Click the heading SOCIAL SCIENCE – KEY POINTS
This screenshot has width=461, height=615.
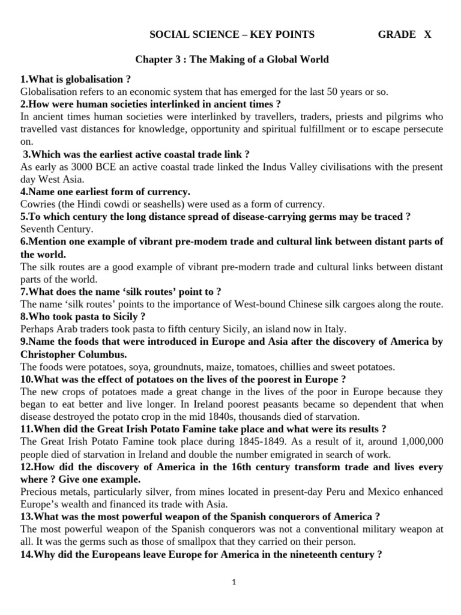(x=232, y=34)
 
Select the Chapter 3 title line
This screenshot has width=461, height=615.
(x=232, y=59)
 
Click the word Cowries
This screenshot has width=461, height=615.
(x=37, y=204)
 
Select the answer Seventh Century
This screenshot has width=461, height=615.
(x=57, y=229)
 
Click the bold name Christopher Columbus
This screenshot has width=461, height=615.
(x=74, y=354)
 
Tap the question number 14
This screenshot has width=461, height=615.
(x=26, y=554)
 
